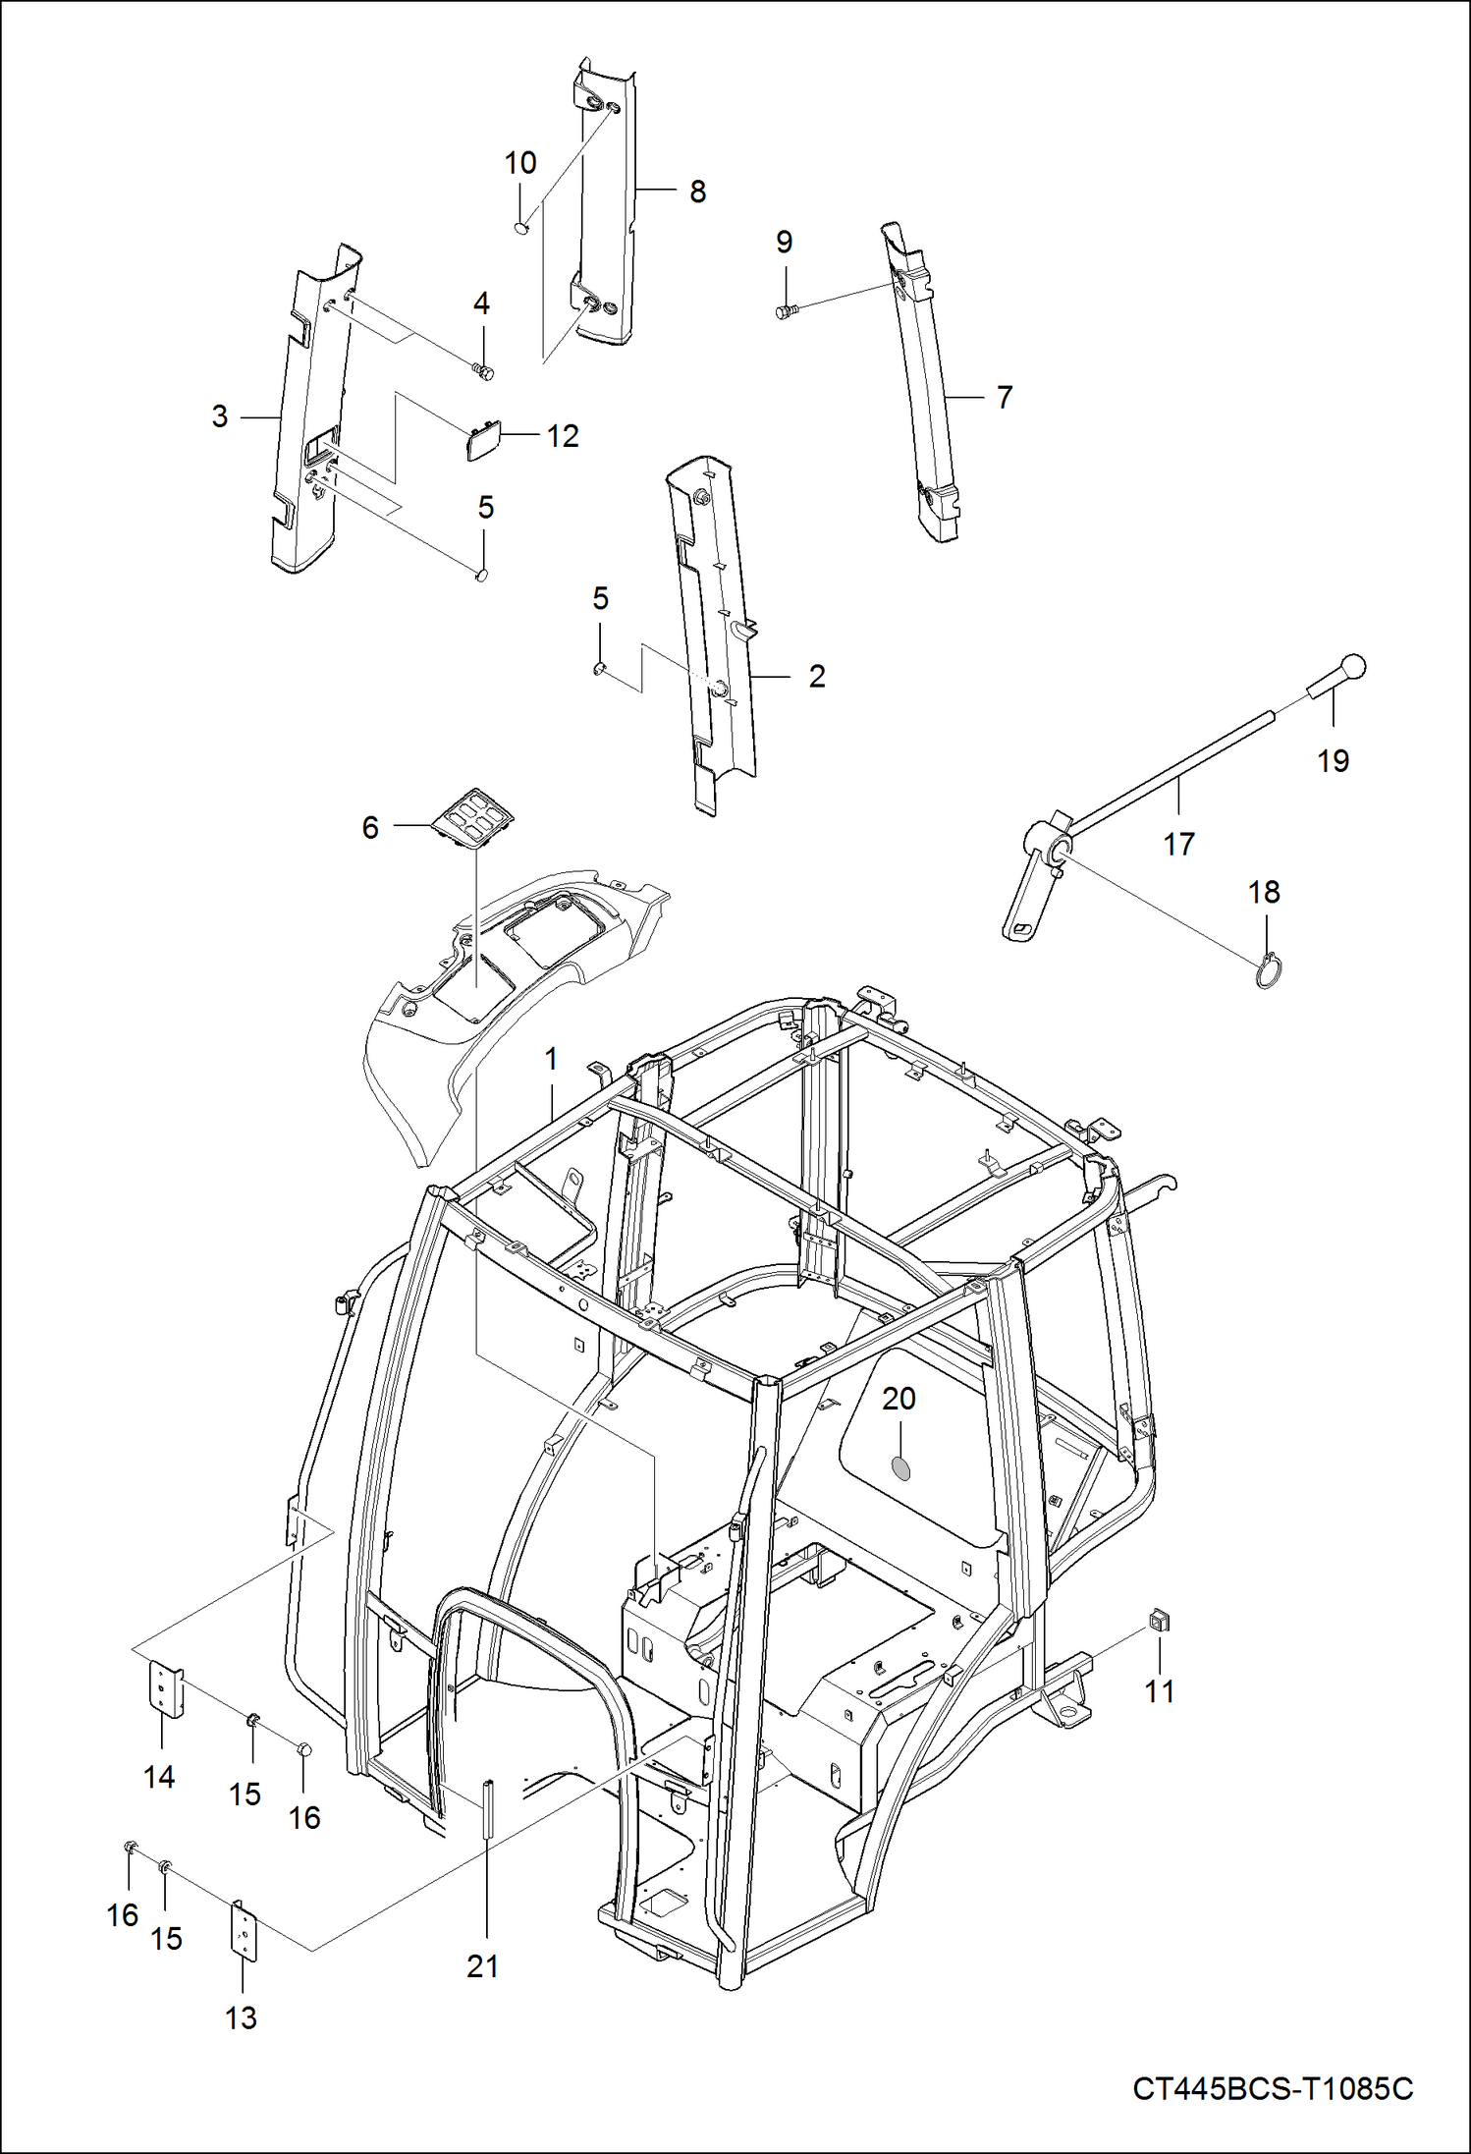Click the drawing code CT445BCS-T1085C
click(1273, 2087)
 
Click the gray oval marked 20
click(899, 1468)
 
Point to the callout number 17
click(1178, 843)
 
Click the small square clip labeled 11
click(1159, 1620)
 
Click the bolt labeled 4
click(482, 371)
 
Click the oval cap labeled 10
click(521, 228)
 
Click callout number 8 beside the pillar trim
click(697, 192)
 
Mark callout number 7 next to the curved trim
click(1004, 397)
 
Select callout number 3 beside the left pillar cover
click(220, 416)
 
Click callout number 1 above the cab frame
click(551, 1058)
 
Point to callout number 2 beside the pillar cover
click(817, 676)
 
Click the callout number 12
click(563, 435)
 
